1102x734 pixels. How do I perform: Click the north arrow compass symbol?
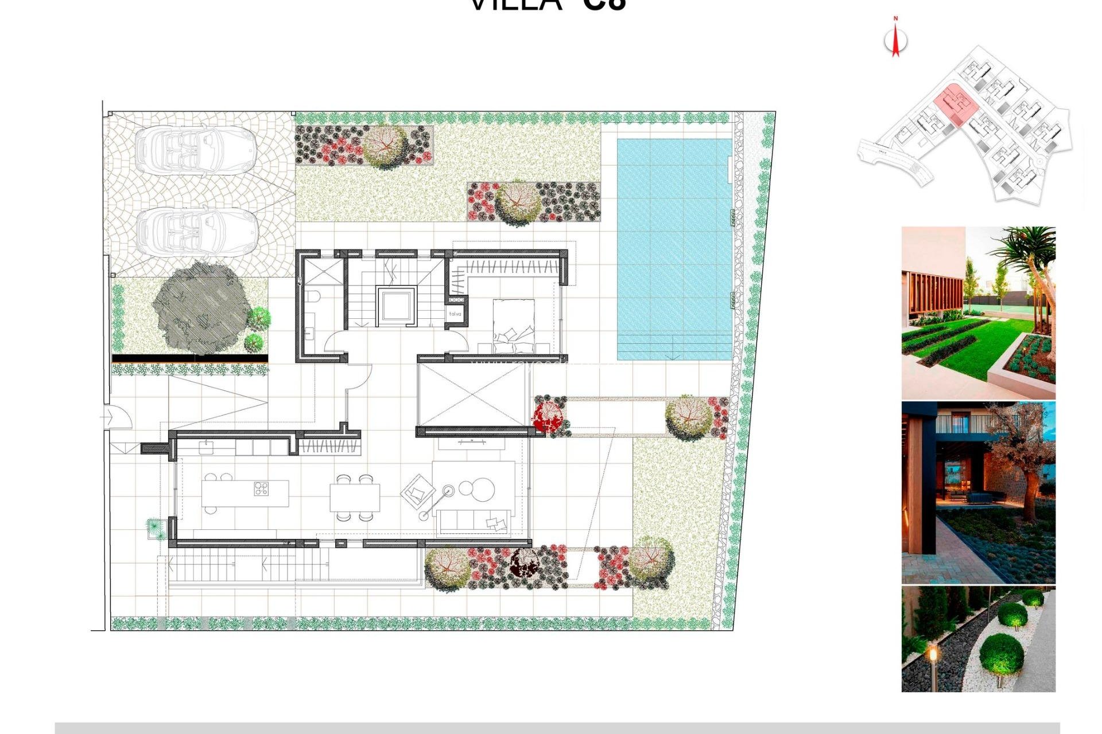895,39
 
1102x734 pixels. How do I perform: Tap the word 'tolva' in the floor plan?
455,314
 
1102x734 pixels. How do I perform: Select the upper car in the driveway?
195,150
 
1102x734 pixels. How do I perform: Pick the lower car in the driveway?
196,231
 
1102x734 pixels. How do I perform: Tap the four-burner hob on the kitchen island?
261,489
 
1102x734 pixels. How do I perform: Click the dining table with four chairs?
355,498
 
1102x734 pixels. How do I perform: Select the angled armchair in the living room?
418,490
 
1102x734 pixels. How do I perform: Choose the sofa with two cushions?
474,521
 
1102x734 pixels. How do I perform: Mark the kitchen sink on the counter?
207,446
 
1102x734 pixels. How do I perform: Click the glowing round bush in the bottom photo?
1001,655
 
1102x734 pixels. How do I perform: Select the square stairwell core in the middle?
395,305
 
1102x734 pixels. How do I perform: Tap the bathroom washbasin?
310,333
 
